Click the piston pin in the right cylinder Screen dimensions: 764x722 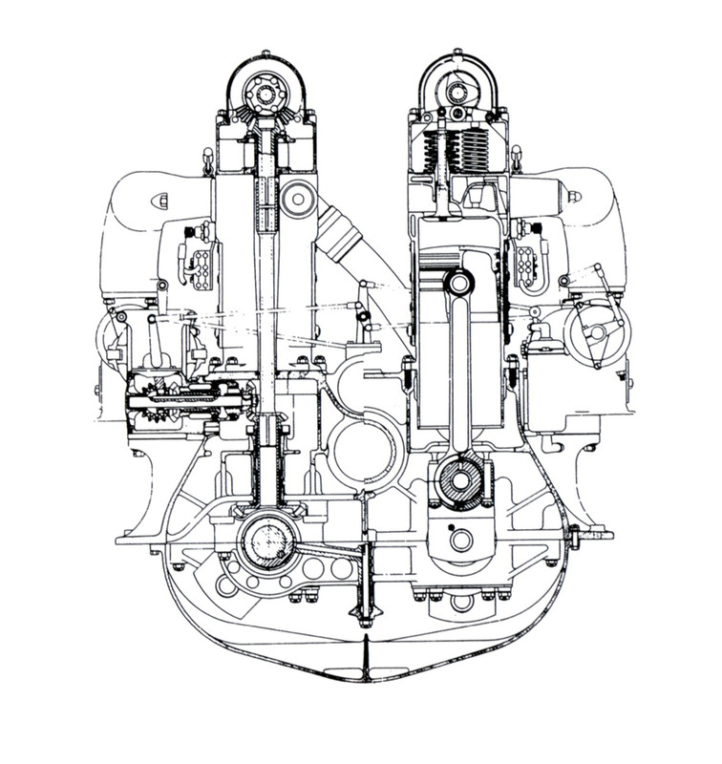[x=458, y=284]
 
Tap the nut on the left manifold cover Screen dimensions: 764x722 [x=163, y=198]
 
